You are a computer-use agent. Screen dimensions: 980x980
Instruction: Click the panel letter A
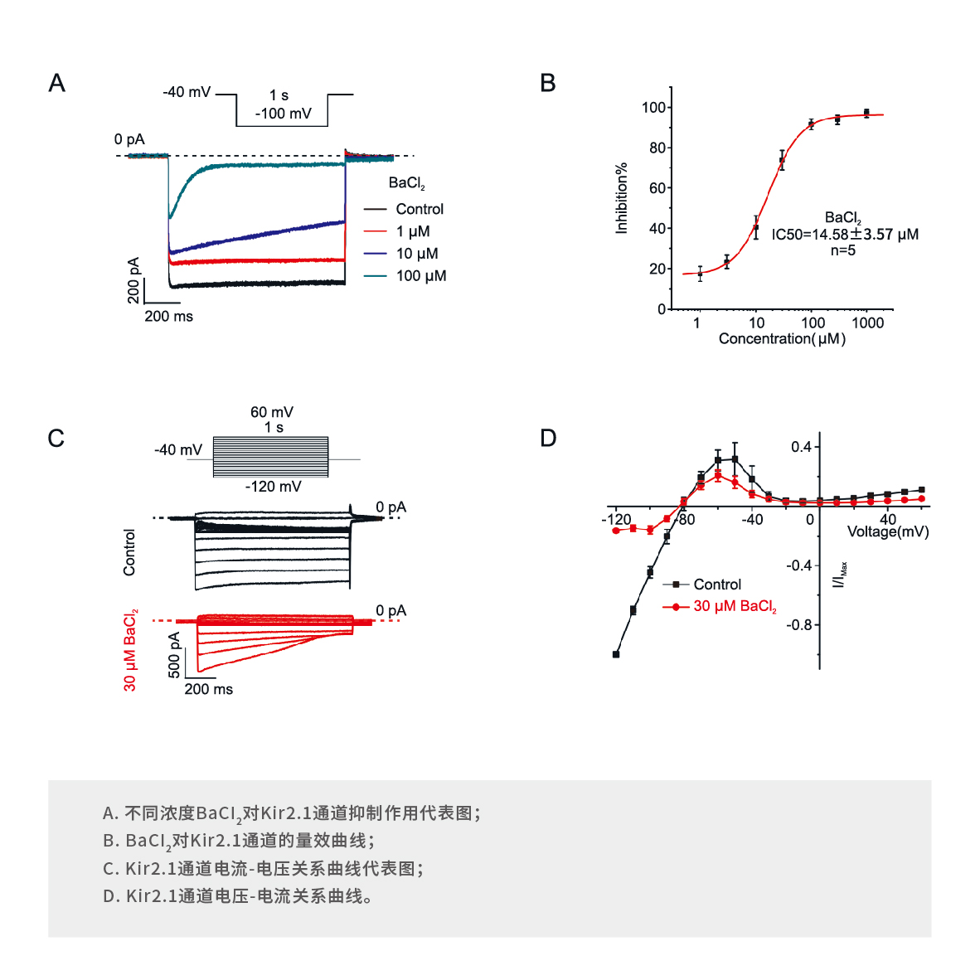(x=56, y=83)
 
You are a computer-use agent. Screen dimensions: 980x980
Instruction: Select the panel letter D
(x=548, y=438)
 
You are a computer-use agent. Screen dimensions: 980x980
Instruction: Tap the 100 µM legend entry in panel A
(x=420, y=276)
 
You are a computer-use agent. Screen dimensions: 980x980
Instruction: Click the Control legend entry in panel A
(x=420, y=209)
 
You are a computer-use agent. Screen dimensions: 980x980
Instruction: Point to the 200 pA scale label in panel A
(x=133, y=279)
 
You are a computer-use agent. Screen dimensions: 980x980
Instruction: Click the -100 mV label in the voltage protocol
(x=283, y=114)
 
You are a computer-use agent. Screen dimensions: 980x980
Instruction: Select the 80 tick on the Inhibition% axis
(x=657, y=148)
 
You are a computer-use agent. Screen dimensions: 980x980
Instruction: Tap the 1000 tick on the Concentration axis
(x=867, y=323)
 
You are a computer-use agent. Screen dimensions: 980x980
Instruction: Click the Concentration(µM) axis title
(x=782, y=338)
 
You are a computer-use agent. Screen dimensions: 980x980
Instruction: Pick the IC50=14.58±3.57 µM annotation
(x=845, y=235)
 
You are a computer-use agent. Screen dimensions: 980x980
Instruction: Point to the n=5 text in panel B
(x=842, y=250)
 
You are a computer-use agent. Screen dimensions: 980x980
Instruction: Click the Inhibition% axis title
(x=621, y=198)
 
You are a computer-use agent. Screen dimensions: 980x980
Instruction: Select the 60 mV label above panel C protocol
(x=272, y=412)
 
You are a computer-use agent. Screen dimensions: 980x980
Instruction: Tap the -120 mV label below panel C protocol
(x=273, y=487)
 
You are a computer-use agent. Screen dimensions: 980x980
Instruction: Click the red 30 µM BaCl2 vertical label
(x=130, y=650)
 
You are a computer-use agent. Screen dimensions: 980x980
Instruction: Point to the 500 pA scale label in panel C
(x=174, y=655)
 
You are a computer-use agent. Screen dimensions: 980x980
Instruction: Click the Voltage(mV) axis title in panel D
(x=887, y=531)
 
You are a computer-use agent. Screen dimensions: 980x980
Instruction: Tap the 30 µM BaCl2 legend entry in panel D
(x=735, y=606)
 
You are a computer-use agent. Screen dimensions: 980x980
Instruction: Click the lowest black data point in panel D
(x=616, y=654)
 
